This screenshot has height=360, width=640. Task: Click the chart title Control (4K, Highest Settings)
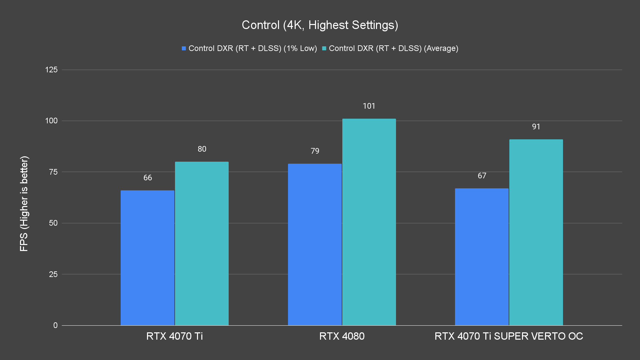[320, 25]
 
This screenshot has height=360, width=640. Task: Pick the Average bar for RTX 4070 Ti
[202, 243]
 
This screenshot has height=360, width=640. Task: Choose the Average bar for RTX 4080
[369, 222]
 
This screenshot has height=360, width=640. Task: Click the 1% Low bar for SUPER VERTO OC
[482, 257]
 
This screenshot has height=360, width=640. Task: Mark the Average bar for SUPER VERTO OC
[536, 232]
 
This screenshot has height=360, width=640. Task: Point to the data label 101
[369, 106]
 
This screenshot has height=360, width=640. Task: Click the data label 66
[148, 178]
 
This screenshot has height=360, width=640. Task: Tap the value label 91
[536, 127]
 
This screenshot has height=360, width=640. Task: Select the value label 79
[315, 151]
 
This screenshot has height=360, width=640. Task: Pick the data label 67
[482, 176]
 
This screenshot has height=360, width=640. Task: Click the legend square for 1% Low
[184, 48]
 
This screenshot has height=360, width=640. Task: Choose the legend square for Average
[324, 48]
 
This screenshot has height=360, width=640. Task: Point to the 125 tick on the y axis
[51, 70]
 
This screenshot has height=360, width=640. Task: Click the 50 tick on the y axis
[53, 223]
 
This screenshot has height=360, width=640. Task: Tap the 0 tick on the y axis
[55, 325]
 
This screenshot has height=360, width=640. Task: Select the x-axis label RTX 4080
[342, 336]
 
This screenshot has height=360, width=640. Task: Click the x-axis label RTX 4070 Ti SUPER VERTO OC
[509, 336]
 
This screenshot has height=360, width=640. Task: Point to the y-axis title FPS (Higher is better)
[24, 203]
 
